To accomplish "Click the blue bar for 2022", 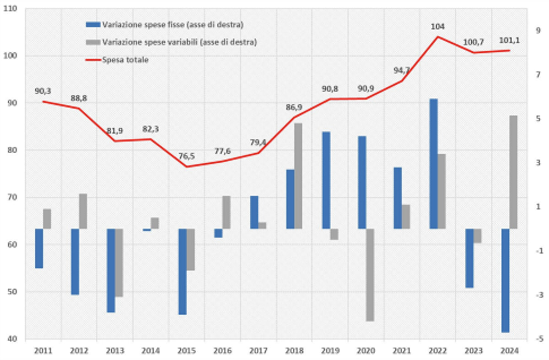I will [433, 163].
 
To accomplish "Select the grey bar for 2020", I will [370, 274].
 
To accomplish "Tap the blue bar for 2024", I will [505, 280].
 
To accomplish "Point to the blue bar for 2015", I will [183, 271].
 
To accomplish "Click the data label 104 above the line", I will [438, 26].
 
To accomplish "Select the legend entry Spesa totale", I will [125, 59].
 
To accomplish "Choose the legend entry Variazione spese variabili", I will [179, 42].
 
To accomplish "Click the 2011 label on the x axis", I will [43, 351].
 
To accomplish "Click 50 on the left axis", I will [12, 292].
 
